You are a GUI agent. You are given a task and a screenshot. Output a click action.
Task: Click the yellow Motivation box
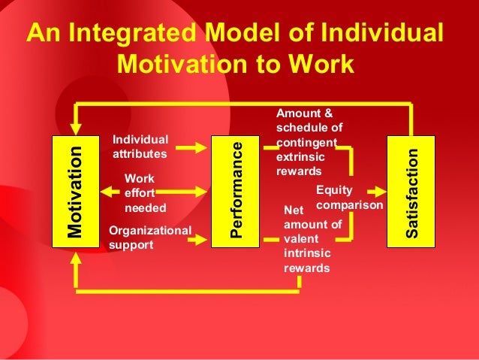(74, 192)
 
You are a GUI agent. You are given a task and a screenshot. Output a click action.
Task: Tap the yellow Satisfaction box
(410, 192)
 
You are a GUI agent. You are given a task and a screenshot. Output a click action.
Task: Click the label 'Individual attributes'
(140, 147)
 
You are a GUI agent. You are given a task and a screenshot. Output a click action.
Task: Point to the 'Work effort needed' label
(145, 193)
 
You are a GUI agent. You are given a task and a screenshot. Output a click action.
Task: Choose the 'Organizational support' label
(150, 237)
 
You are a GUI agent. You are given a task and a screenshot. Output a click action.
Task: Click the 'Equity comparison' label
(350, 197)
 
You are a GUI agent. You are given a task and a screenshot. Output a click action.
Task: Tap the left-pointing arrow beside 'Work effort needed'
(110, 192)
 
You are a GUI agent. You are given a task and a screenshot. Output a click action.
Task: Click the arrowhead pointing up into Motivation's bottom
(75, 259)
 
